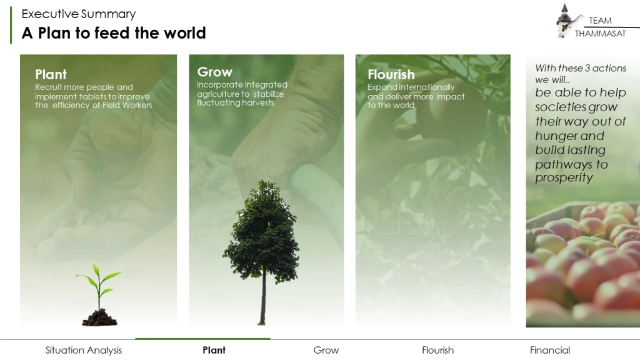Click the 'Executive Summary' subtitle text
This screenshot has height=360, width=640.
(78, 14)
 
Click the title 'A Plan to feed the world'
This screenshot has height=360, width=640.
(114, 33)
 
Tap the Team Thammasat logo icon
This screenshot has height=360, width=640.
(566, 21)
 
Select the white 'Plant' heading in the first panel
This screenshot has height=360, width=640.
(51, 74)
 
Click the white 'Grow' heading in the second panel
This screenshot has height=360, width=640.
(215, 72)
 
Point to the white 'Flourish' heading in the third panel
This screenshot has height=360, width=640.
(391, 74)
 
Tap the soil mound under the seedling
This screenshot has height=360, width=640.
(100, 317)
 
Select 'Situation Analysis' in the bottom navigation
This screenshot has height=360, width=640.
(84, 350)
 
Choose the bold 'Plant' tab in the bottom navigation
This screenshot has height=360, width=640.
(214, 350)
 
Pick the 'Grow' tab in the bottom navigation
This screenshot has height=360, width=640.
(326, 350)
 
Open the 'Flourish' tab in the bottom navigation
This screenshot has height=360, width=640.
(438, 350)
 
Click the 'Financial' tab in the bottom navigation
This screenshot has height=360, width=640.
(550, 350)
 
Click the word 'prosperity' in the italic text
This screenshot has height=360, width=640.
(564, 178)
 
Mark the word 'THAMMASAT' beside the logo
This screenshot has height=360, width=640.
(600, 34)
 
